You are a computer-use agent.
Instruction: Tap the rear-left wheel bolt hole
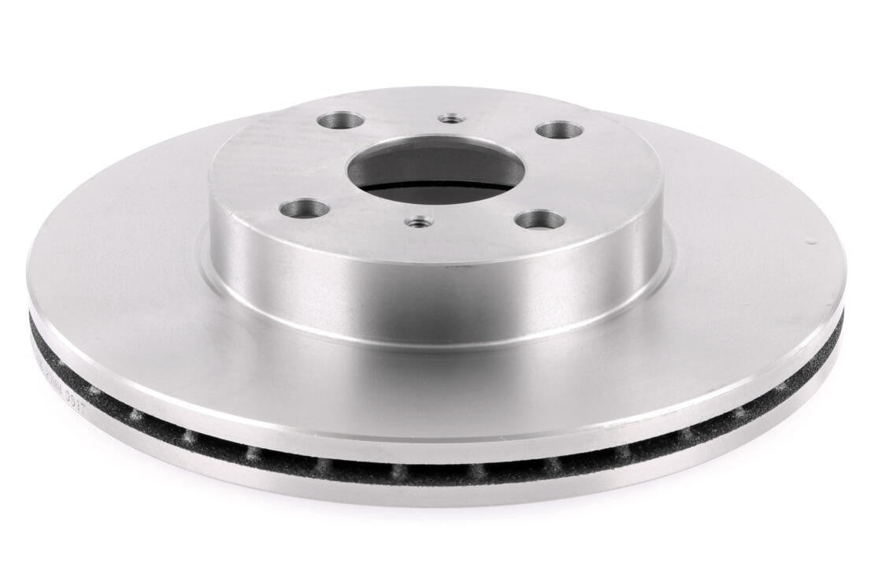pyautogui.click(x=340, y=121)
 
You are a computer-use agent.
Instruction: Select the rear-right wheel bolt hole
pyautogui.click(x=559, y=129)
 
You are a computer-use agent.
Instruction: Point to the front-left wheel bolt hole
pyautogui.click(x=304, y=209)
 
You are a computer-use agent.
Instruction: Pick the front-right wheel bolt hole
pyautogui.click(x=540, y=220)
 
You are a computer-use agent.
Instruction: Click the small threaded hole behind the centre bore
pyautogui.click(x=451, y=118)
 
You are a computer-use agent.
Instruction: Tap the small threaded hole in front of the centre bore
pyautogui.click(x=417, y=223)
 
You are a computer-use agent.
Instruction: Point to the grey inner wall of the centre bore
pyautogui.click(x=433, y=151)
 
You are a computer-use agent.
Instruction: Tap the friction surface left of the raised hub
pyautogui.click(x=118, y=260)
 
